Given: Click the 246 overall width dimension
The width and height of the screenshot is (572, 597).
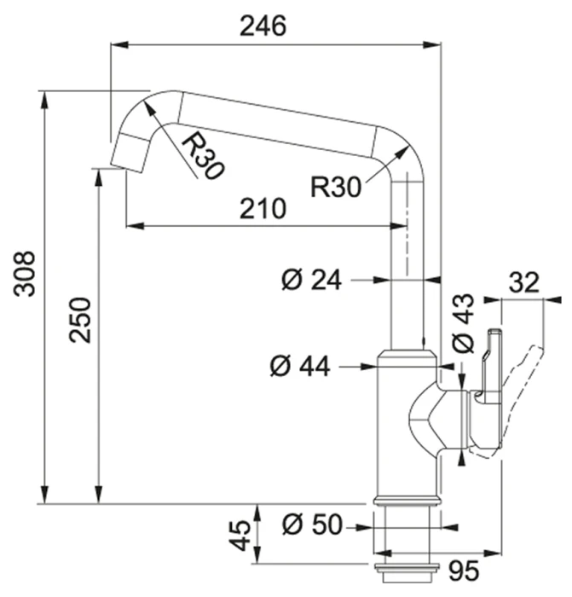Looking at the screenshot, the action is pos(263,26).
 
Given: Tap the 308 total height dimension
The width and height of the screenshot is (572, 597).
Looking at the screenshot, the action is pos(25,274).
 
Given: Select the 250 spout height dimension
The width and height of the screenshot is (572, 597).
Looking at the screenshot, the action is pos(80,320).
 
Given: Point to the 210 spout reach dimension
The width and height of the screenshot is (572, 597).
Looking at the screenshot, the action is pos(263,209).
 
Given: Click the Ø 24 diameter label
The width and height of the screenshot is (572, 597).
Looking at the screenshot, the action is pos(312,280).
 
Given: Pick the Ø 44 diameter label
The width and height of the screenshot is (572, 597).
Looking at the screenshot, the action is pos(300,366).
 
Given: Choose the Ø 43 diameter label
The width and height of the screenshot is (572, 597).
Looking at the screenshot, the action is pos(463,323).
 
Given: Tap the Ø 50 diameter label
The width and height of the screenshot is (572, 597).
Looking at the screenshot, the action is pos(313,525).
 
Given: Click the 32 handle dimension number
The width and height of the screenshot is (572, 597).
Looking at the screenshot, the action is pos(524,282).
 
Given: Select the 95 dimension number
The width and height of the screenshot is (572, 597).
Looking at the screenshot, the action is pos(464,571).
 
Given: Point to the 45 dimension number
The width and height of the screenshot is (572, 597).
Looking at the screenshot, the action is pos(240,536).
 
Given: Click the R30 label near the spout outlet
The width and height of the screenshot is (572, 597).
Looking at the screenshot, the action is pos(202,156).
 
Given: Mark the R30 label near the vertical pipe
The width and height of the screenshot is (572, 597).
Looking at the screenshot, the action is pos(336,187).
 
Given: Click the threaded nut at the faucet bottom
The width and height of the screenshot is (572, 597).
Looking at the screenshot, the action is pos(407,572).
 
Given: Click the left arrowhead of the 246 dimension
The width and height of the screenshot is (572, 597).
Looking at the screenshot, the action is pos(118,44).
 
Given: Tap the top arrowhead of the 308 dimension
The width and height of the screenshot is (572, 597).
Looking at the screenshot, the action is pos(45,100).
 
